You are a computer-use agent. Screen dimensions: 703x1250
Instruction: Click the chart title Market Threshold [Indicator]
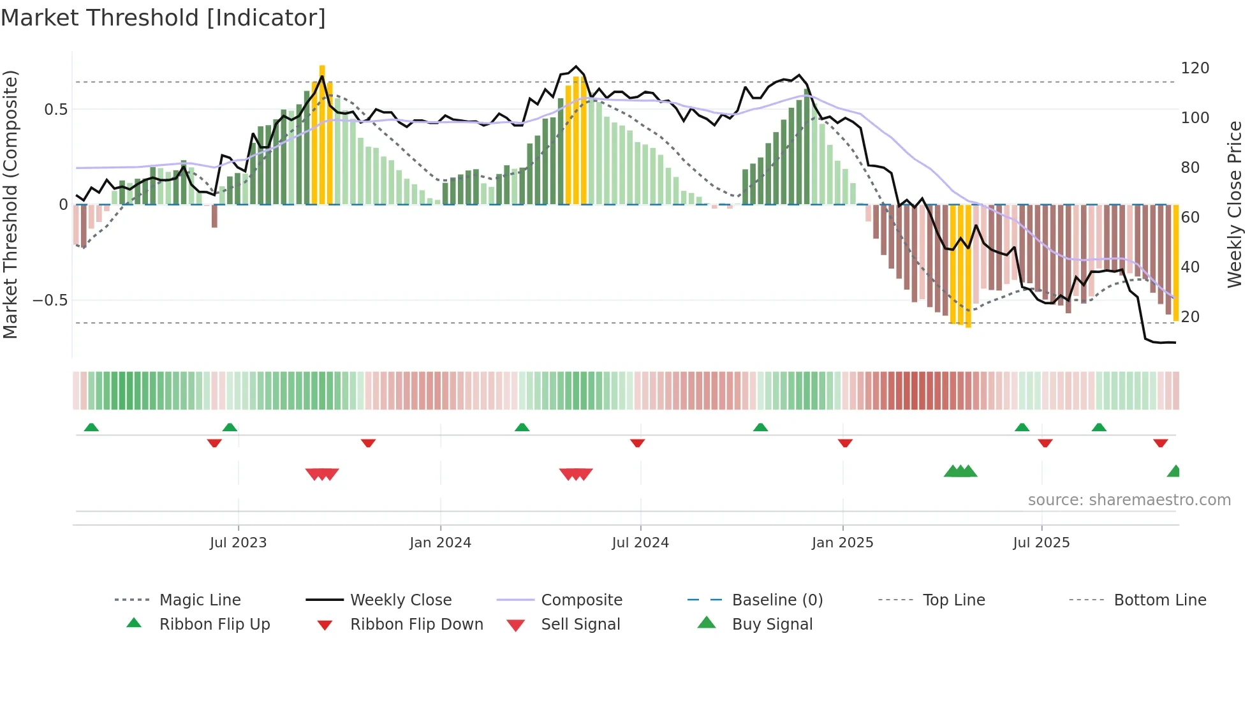(163, 18)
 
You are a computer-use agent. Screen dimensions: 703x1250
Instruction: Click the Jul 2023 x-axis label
(238, 543)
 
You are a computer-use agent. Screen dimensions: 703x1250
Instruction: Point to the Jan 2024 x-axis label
(440, 543)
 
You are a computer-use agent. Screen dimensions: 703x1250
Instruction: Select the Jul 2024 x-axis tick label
(640, 543)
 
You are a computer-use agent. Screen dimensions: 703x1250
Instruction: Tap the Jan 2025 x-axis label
(842, 543)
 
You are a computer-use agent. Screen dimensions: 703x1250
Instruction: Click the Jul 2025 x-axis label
(1041, 543)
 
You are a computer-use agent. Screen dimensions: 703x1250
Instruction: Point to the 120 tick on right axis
(1195, 68)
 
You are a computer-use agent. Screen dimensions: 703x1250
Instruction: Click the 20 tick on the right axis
(1190, 317)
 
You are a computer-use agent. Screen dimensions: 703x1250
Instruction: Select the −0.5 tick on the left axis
(50, 300)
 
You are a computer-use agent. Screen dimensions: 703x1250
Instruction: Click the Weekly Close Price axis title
(1235, 204)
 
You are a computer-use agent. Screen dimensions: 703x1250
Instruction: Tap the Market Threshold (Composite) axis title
(10, 204)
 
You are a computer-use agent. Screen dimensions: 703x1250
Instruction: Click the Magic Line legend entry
(200, 600)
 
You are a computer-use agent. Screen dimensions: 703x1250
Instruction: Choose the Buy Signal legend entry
(772, 625)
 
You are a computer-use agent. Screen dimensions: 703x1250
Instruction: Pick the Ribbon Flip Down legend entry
(416, 625)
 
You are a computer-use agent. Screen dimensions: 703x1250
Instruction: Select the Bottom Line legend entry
(1159, 600)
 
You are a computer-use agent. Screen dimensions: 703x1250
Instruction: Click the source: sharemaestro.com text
(1129, 500)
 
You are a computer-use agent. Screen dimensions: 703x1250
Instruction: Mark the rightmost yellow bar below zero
(1175, 262)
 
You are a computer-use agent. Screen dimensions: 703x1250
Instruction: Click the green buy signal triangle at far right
(1174, 471)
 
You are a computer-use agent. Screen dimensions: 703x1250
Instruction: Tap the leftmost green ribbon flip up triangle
(91, 427)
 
